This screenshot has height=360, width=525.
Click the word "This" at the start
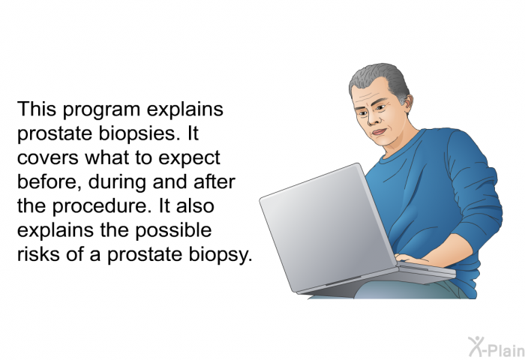[37, 109]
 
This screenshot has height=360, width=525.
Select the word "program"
[101, 111]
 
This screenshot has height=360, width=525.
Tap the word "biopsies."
[137, 134]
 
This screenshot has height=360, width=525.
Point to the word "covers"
[47, 158]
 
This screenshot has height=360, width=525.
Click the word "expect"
[189, 159]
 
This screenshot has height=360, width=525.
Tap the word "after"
[214, 181]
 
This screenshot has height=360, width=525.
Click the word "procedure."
[100, 206]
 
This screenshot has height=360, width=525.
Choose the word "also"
[195, 205]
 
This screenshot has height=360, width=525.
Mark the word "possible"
[173, 231]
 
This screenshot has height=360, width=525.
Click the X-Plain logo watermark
[496, 347]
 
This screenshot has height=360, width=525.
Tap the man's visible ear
[408, 103]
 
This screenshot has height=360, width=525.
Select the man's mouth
[379, 131]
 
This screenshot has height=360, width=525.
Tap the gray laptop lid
[327, 228]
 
